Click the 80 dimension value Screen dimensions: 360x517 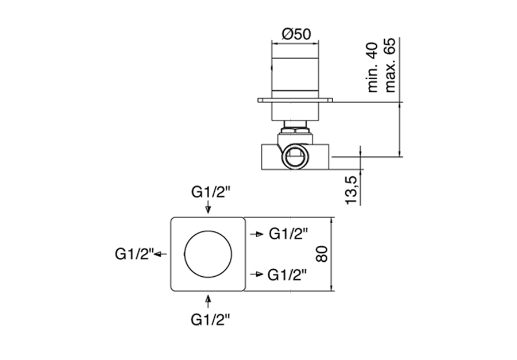(x=322, y=254)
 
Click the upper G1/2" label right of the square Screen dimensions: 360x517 (x=287, y=234)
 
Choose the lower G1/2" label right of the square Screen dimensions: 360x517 (x=287, y=274)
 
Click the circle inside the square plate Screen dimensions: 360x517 (x=207, y=254)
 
